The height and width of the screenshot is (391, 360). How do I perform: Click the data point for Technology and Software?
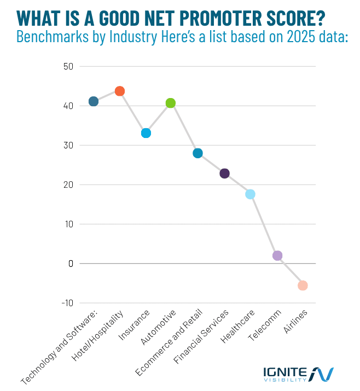pos(94,101)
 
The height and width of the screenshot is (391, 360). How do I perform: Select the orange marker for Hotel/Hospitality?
pos(120,91)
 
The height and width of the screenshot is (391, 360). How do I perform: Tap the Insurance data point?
pos(146,133)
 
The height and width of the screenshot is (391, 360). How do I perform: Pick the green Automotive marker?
pos(171,103)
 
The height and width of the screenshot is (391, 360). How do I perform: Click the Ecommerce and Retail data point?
pos(198,153)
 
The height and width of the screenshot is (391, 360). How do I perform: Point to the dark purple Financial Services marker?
pos(224,174)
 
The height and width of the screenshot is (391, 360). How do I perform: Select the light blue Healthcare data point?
pos(250,194)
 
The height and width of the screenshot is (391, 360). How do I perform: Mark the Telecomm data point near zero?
pos(277,256)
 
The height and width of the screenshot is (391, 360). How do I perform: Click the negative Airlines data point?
pos(303,285)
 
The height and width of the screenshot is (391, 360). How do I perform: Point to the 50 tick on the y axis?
pos(69,67)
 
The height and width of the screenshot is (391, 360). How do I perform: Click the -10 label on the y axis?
pos(68,303)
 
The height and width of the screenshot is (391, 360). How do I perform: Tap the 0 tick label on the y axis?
pos(71,263)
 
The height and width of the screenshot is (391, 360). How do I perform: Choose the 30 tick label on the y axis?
pos(69,146)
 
